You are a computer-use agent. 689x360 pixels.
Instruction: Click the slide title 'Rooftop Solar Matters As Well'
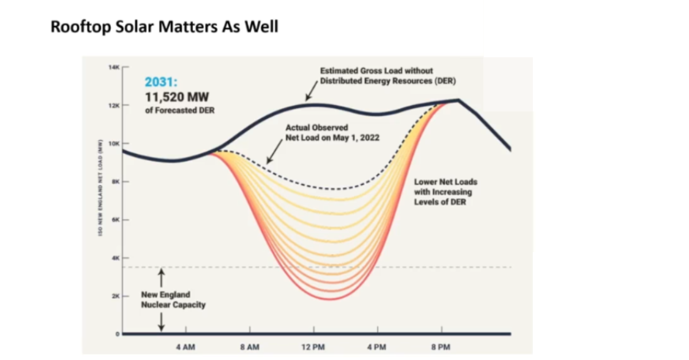click(x=164, y=26)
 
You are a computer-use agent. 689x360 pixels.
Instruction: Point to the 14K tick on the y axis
click(x=114, y=68)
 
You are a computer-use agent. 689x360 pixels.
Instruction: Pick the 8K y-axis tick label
click(x=115, y=181)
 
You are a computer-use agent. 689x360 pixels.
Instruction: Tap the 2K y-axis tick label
click(x=115, y=296)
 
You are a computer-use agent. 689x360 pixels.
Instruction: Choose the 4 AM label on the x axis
click(x=186, y=347)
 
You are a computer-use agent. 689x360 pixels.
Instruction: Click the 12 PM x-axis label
click(x=313, y=347)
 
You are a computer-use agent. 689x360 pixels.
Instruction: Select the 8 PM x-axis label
click(x=441, y=347)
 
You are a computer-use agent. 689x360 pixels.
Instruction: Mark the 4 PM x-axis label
click(x=377, y=347)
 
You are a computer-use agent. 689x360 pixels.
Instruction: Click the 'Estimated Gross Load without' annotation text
click(x=377, y=71)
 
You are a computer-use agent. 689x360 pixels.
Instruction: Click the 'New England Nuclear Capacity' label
click(x=173, y=300)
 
